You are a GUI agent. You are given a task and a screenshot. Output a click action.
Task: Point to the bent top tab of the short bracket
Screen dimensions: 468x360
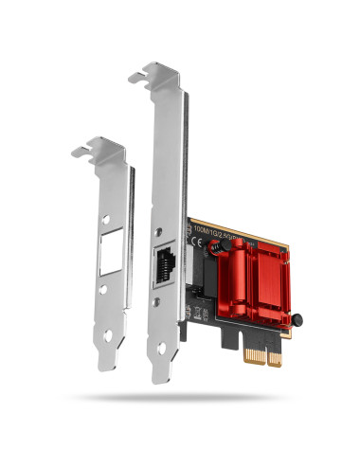[x=99, y=147]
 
